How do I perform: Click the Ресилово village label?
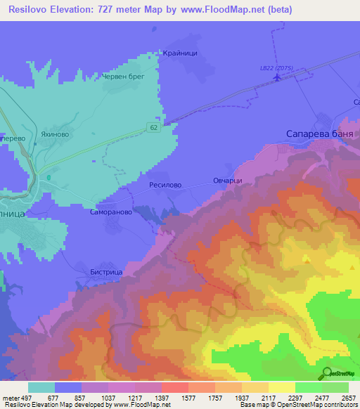click(165, 185)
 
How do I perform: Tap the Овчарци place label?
click(228, 181)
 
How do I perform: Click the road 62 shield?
click(153, 127)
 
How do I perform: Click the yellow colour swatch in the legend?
click(281, 387)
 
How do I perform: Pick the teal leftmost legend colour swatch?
click(41, 387)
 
